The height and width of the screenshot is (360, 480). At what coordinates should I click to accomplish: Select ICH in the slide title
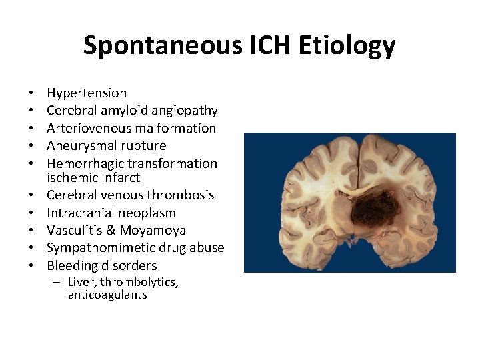[272, 45]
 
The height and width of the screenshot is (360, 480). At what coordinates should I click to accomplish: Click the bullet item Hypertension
[87, 93]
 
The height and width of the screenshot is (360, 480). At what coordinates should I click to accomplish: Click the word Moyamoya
[153, 231]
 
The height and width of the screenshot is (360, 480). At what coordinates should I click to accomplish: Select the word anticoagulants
[107, 295]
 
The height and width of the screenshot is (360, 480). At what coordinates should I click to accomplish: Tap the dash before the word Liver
[58, 282]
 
